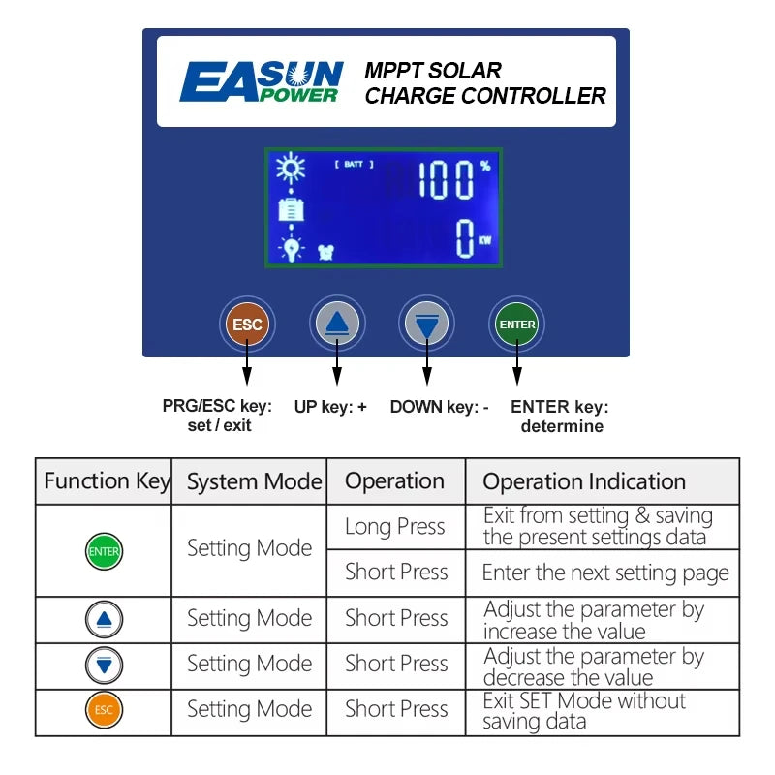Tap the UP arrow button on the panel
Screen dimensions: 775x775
point(337,324)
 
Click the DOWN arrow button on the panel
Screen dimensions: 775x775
point(426,324)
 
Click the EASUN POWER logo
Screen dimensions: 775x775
point(262,81)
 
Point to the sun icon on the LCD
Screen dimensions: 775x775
point(291,168)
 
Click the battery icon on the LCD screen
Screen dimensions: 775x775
point(292,209)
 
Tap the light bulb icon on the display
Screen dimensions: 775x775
point(292,248)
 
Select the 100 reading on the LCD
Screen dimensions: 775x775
point(447,180)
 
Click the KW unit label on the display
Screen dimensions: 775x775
point(485,240)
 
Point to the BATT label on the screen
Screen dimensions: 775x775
point(354,164)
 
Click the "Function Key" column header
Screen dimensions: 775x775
point(107,480)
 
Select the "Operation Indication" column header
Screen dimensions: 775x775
point(584,481)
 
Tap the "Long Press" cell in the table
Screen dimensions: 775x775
point(395,526)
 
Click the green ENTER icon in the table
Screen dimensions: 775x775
point(104,551)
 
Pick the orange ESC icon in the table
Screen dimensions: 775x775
point(104,710)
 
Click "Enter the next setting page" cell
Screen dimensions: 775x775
point(605,573)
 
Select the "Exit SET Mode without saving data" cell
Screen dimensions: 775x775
point(584,711)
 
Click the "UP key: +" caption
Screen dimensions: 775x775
point(330,406)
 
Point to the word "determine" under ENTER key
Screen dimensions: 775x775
point(562,426)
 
